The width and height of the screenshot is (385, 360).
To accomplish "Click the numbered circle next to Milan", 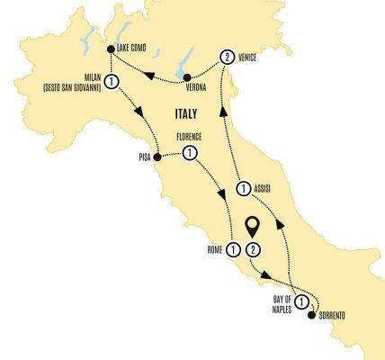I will tap(110, 82).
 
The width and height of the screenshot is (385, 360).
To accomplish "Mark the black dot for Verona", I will tap(186, 77).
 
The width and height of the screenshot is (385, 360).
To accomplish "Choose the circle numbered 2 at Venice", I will tap(227, 56).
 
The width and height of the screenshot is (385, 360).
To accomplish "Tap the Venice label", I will tap(255, 56).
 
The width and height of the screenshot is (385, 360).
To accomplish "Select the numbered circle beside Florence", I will tap(189, 153).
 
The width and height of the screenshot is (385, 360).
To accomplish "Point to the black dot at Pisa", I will tap(157, 159).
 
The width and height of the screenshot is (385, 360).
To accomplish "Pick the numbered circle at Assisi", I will tap(244, 189).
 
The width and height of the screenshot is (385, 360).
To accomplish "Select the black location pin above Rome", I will tap(255, 225).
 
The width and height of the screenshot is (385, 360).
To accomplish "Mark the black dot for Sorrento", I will tap(312, 315).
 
